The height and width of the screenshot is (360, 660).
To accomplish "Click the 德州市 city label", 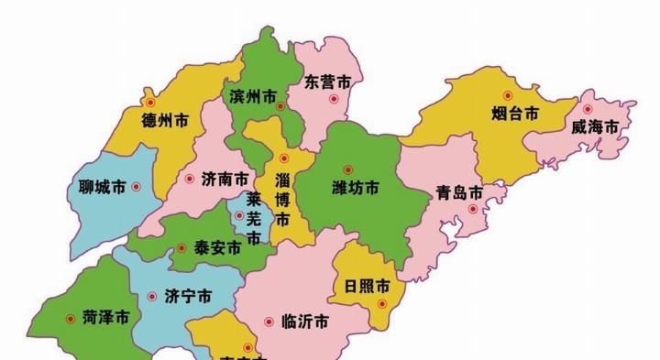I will (x=166, y=118).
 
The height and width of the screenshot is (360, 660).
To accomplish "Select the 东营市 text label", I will (x=327, y=82).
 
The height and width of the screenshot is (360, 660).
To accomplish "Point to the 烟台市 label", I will (x=509, y=114).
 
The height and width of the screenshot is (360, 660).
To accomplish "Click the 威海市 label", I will (x=590, y=125).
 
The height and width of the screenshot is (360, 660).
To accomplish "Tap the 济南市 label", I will (x=225, y=180).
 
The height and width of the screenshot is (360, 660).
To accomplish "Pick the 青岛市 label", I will (x=459, y=193).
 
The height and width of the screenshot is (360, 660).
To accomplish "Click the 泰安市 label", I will (x=216, y=247).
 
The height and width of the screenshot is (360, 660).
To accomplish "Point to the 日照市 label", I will (x=367, y=285).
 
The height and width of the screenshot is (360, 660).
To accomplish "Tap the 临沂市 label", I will (x=307, y=322).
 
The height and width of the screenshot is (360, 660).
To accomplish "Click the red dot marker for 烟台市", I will (x=504, y=95).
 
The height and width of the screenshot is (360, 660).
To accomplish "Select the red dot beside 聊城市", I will (x=137, y=187).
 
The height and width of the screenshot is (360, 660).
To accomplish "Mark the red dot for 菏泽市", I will (x=71, y=319).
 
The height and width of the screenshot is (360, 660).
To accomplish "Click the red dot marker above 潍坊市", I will (x=347, y=169).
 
